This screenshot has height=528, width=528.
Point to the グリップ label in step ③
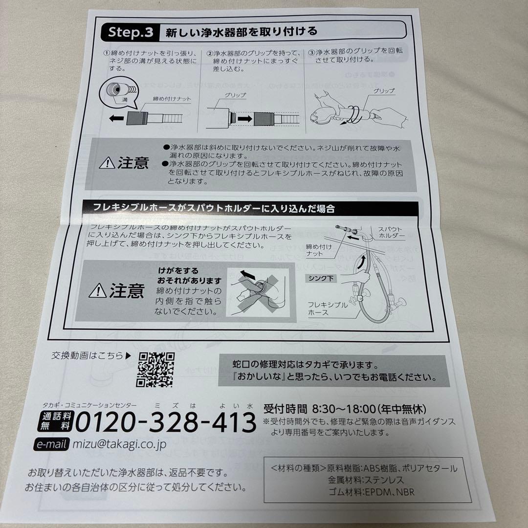click(x=383, y=91)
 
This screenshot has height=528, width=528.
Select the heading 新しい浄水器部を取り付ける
click(x=241, y=32)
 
